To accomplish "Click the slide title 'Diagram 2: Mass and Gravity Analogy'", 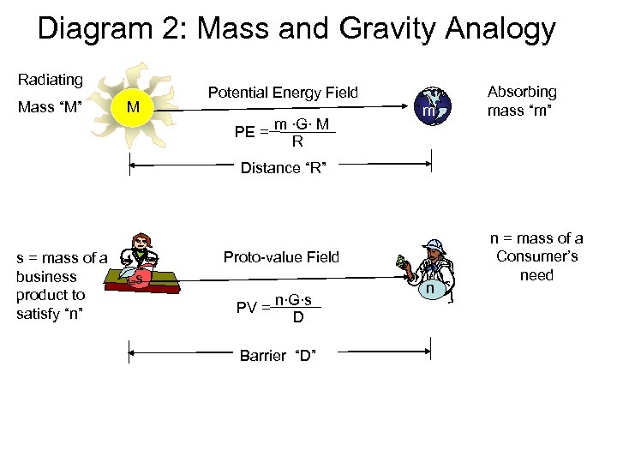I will (297, 29).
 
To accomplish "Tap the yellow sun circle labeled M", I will (131, 108).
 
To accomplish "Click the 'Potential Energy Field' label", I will (283, 93).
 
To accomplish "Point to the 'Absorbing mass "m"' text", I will (522, 100).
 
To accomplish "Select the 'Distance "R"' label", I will (282, 168).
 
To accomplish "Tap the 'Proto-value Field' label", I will (281, 256).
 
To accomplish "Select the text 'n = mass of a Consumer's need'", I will (536, 256).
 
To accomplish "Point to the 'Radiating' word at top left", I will (51, 80).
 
